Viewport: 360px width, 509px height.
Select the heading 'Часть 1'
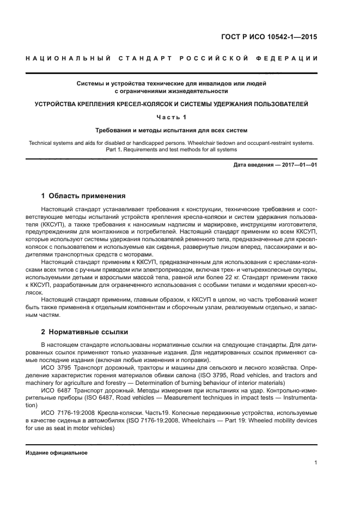tap(171, 117)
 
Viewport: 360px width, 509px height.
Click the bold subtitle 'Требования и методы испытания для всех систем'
tap(171, 131)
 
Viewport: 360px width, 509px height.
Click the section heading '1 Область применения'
tap(83, 196)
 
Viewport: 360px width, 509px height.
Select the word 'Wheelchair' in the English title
tap(202, 143)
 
